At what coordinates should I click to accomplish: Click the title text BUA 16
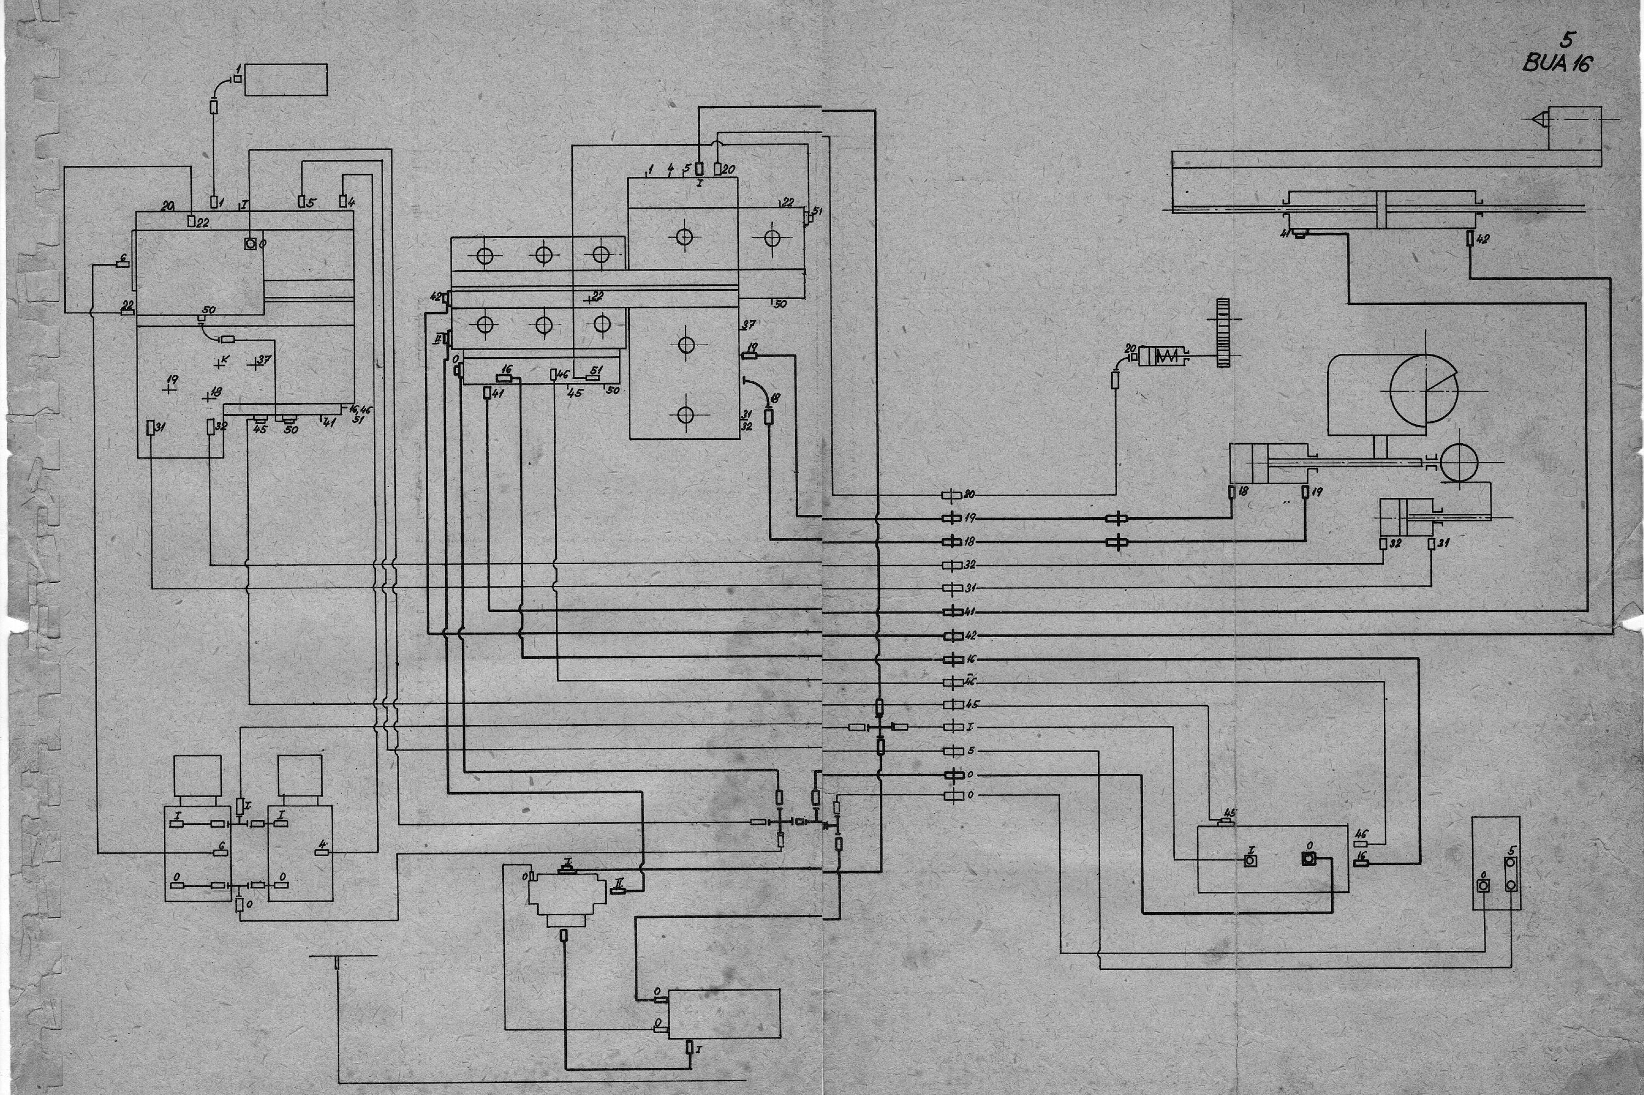tap(1557, 64)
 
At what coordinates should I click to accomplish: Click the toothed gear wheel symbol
tap(1222, 333)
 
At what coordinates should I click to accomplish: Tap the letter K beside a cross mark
tap(225, 359)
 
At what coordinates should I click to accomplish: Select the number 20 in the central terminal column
tap(969, 495)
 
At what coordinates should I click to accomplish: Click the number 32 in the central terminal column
tap(970, 564)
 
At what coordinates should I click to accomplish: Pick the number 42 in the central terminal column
tap(970, 635)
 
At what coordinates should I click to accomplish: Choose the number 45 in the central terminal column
tap(971, 704)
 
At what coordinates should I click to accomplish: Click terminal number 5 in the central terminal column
tap(970, 750)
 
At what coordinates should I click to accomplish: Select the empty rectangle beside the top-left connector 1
tap(286, 79)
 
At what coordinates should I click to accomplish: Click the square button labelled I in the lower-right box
tap(1250, 861)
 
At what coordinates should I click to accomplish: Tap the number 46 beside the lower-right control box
tap(1361, 834)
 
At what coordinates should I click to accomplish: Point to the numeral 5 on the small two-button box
tap(1512, 851)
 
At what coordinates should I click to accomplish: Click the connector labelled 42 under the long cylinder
tap(1470, 239)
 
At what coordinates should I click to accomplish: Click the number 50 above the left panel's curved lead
tap(208, 309)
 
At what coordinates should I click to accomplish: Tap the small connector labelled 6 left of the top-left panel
tap(122, 264)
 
